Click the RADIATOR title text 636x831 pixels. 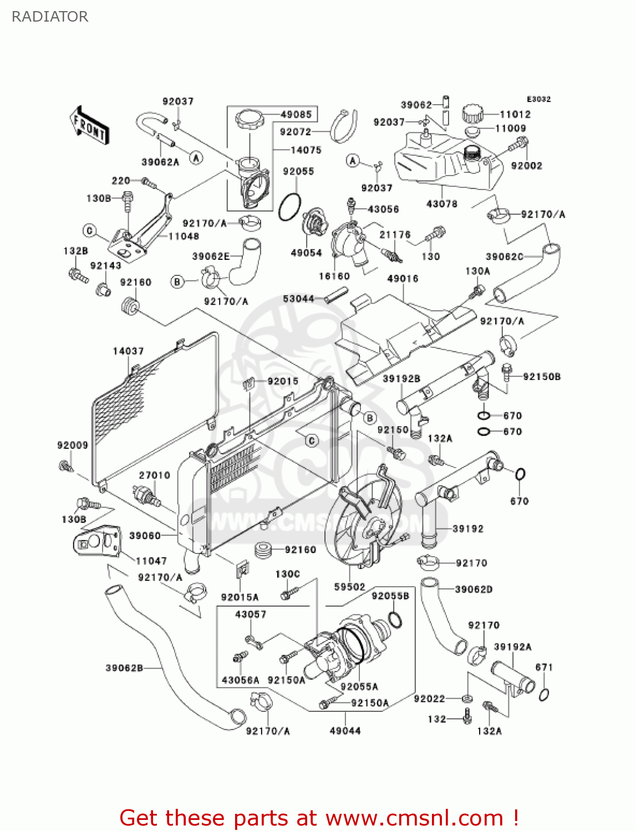pyautogui.click(x=50, y=17)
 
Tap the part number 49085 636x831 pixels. pyautogui.click(x=296, y=115)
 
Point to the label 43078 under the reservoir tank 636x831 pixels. pyautogui.click(x=441, y=204)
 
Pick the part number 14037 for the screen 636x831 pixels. pyautogui.click(x=128, y=351)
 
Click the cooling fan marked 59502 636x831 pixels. pyautogui.click(x=355, y=526)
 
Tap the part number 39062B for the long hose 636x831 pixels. pyautogui.click(x=124, y=668)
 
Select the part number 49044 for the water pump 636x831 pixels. pyautogui.click(x=345, y=731)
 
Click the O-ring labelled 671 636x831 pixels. pyautogui.click(x=544, y=694)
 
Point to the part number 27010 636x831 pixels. pyautogui.click(x=154, y=475)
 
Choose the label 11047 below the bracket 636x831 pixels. pyautogui.click(x=151, y=561)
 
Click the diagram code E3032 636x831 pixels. pyautogui.click(x=538, y=99)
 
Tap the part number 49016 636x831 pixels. pyautogui.click(x=403, y=279)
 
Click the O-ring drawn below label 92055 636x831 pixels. pyautogui.click(x=289, y=207)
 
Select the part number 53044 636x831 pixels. pyautogui.click(x=298, y=299)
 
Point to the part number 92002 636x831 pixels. pyautogui.click(x=526, y=166)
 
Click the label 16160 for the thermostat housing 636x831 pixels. pyautogui.click(x=334, y=276)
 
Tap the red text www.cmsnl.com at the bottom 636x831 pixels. pyautogui.click(x=414, y=818)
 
